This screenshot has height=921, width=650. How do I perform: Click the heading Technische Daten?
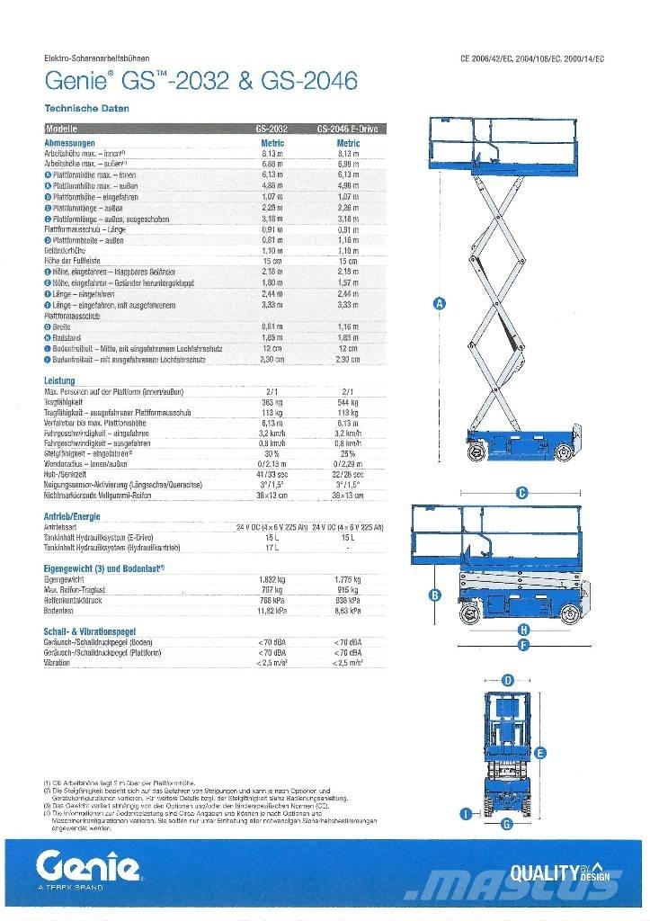pyautogui.click(x=86, y=109)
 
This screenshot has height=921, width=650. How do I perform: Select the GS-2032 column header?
pyautogui.click(x=272, y=129)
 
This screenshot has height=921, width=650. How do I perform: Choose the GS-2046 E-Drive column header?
pyautogui.click(x=348, y=129)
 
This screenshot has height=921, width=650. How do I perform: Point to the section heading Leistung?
pyautogui.click(x=59, y=381)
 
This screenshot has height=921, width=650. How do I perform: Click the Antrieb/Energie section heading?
pyautogui.click(x=72, y=516)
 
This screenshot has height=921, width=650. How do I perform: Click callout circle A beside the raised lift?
pyautogui.click(x=440, y=304)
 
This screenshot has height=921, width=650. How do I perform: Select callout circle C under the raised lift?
pyautogui.click(x=521, y=492)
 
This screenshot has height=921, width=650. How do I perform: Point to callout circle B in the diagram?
pyautogui.click(x=434, y=595)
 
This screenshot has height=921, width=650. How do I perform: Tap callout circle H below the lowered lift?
pyautogui.click(x=523, y=630)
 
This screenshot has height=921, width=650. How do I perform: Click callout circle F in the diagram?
pyautogui.click(x=523, y=644)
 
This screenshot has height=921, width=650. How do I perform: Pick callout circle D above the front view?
pyautogui.click(x=508, y=680)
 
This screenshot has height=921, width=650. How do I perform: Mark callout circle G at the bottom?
pyautogui.click(x=507, y=823)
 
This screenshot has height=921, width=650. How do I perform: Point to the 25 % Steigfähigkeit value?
pyautogui.click(x=348, y=453)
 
